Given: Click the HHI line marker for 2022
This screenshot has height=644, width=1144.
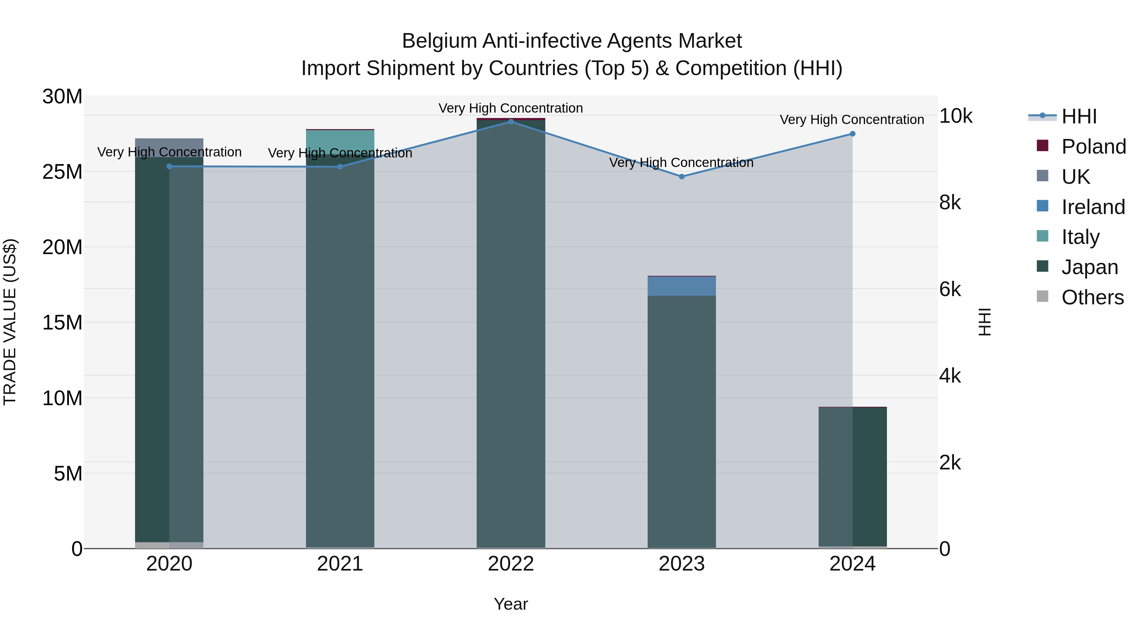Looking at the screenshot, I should coord(511,121).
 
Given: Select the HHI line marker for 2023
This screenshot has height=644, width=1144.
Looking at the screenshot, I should coord(682,177).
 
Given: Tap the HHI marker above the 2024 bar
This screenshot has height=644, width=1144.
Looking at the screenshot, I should coord(852,134).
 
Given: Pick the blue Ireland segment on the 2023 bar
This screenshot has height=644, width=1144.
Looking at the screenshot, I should coord(682,286).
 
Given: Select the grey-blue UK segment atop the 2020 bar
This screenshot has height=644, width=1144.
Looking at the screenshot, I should coord(169,147).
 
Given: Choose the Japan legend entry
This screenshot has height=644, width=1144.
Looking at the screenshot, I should coord(1089,267).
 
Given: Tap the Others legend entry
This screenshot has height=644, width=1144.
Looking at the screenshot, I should coord(1092,297).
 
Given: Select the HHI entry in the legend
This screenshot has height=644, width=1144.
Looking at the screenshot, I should coord(1079,116).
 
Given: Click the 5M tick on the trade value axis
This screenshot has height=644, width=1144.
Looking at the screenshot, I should coord(68,474).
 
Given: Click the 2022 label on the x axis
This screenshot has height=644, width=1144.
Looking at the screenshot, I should coord(511,564).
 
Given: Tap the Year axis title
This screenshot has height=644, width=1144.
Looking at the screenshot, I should coord(511,604).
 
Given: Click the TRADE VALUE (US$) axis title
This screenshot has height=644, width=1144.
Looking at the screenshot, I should coord(10,322).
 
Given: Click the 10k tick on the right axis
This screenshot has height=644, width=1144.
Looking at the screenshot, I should coord(955,116).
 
